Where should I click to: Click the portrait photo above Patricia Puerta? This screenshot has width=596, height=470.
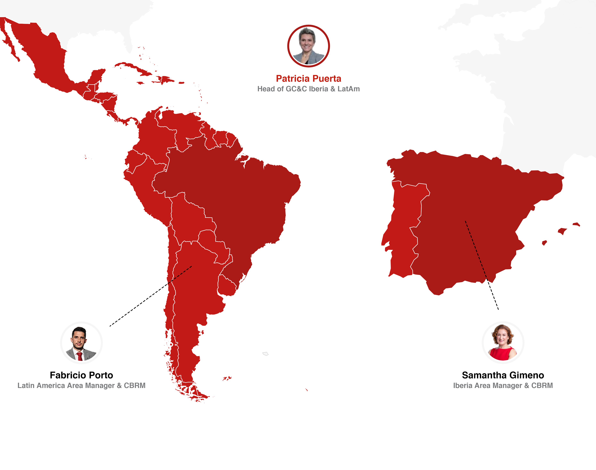pos(308,46)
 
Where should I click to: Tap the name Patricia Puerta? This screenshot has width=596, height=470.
pos(308,79)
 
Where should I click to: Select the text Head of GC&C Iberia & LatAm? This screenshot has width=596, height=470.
pos(308,89)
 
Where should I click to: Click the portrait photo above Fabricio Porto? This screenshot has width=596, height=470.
pos(81,343)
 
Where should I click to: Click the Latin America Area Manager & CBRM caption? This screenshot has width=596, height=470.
pos(81,386)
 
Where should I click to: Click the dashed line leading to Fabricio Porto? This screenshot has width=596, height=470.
pos(151,296)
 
